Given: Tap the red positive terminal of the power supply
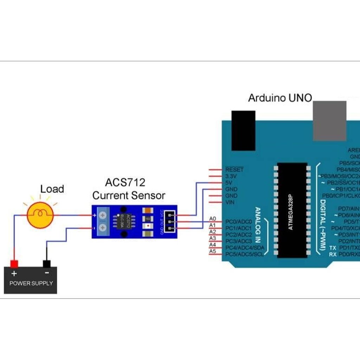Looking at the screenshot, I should click(x=14, y=264).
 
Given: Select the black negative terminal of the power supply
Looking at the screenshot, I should click(x=46, y=264).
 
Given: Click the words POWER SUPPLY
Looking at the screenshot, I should click(x=31, y=283).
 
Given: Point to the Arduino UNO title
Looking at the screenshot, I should click(x=280, y=98).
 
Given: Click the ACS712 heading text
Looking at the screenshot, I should click(x=125, y=182).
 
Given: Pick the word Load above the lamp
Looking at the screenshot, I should click(x=52, y=189).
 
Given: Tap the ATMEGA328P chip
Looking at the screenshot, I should click(x=292, y=210).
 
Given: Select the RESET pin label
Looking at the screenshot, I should click(x=234, y=169).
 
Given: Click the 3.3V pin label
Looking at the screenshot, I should click(x=231, y=176).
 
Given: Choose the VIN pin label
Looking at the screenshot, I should click(x=231, y=202).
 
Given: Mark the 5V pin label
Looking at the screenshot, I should click(x=229, y=182).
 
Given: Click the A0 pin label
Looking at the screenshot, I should click(x=212, y=219).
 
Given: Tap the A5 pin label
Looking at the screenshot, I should click(x=212, y=251).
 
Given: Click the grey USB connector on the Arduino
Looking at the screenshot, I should click(x=329, y=121).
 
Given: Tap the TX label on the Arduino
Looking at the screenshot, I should click(x=333, y=248).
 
